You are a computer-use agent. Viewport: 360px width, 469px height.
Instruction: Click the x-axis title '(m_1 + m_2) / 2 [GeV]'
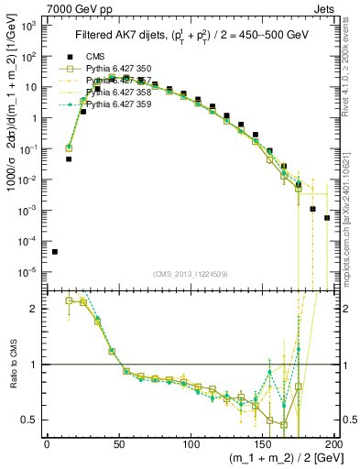point(279,459)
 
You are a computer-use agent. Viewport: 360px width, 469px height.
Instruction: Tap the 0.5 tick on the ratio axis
point(29,420)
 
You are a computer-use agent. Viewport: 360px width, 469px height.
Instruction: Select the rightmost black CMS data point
point(326,218)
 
